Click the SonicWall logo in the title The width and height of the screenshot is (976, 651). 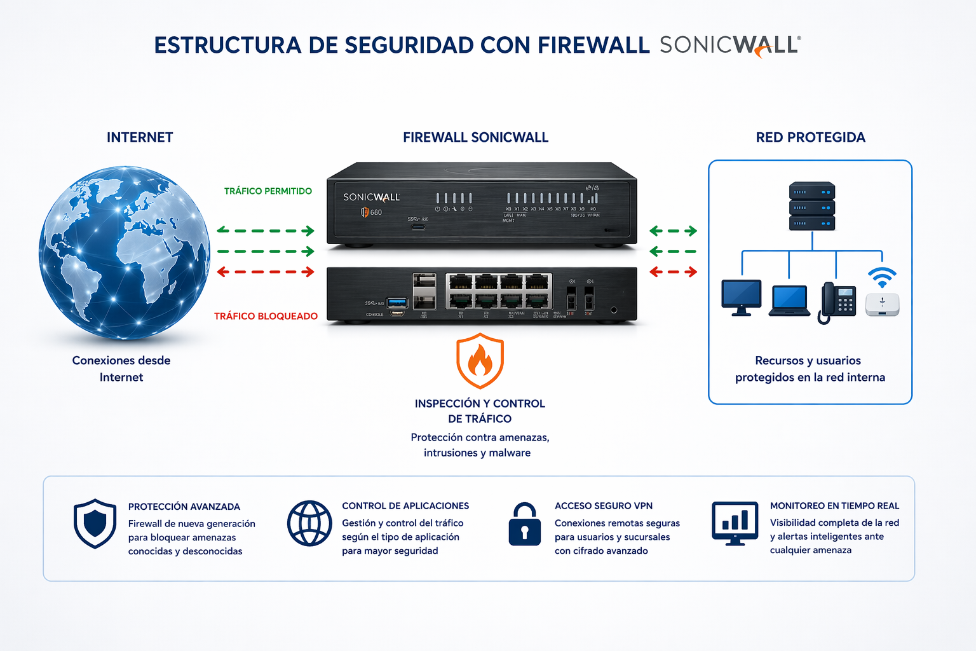click(729, 46)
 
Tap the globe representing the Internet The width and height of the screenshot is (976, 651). click(125, 252)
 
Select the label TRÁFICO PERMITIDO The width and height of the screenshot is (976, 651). click(268, 191)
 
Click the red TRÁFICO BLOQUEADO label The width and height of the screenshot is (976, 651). click(266, 316)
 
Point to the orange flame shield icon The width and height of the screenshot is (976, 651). click(480, 360)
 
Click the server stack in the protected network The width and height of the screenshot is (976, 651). click(811, 206)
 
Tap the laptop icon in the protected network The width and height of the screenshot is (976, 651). click(789, 300)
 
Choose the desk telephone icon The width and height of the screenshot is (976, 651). click(836, 301)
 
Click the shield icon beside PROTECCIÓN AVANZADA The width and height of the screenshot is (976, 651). click(95, 523)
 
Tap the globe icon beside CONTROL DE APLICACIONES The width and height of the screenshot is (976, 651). click(309, 523)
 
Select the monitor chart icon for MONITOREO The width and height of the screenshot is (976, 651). click(735, 523)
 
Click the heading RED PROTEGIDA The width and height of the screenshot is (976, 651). click(810, 137)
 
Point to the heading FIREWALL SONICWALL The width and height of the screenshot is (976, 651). click(475, 137)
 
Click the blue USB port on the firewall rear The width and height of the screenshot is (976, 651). click(397, 301)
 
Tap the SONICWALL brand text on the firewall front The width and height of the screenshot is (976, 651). click(371, 197)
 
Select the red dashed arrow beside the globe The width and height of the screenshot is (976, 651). click(266, 272)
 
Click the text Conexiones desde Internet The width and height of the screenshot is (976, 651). click(121, 369)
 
